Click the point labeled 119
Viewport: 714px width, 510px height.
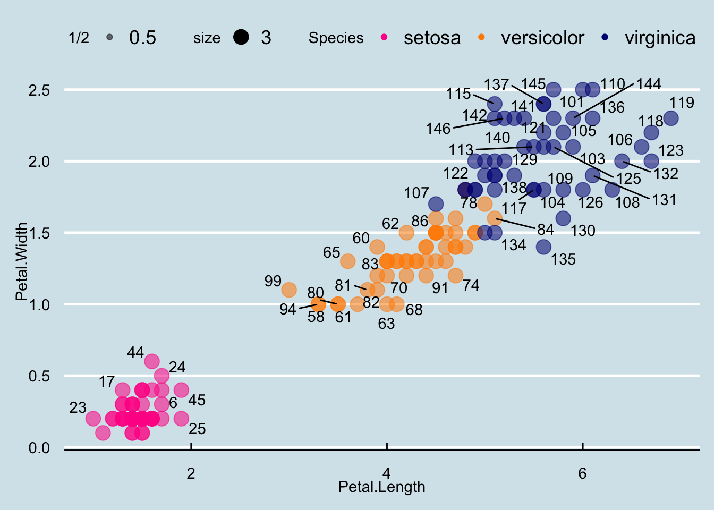(x=671, y=118)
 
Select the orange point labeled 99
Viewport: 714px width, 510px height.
(x=289, y=290)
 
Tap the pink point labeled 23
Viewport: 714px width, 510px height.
(x=93, y=419)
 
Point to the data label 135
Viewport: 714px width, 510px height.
(x=563, y=259)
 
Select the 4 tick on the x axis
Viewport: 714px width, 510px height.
(x=387, y=473)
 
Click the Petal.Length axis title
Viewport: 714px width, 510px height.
(x=381, y=487)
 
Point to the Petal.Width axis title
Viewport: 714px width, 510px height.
(x=21, y=262)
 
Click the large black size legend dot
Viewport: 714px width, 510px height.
(x=241, y=37)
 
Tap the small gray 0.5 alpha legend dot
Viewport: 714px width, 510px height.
(x=109, y=37)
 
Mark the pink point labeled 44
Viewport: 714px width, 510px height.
(x=152, y=361)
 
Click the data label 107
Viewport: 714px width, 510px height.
(x=416, y=193)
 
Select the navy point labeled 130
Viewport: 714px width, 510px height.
(x=563, y=218)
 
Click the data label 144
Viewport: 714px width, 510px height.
(x=649, y=84)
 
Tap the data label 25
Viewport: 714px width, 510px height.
(x=197, y=429)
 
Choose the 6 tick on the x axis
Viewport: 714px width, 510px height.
(x=582, y=473)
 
